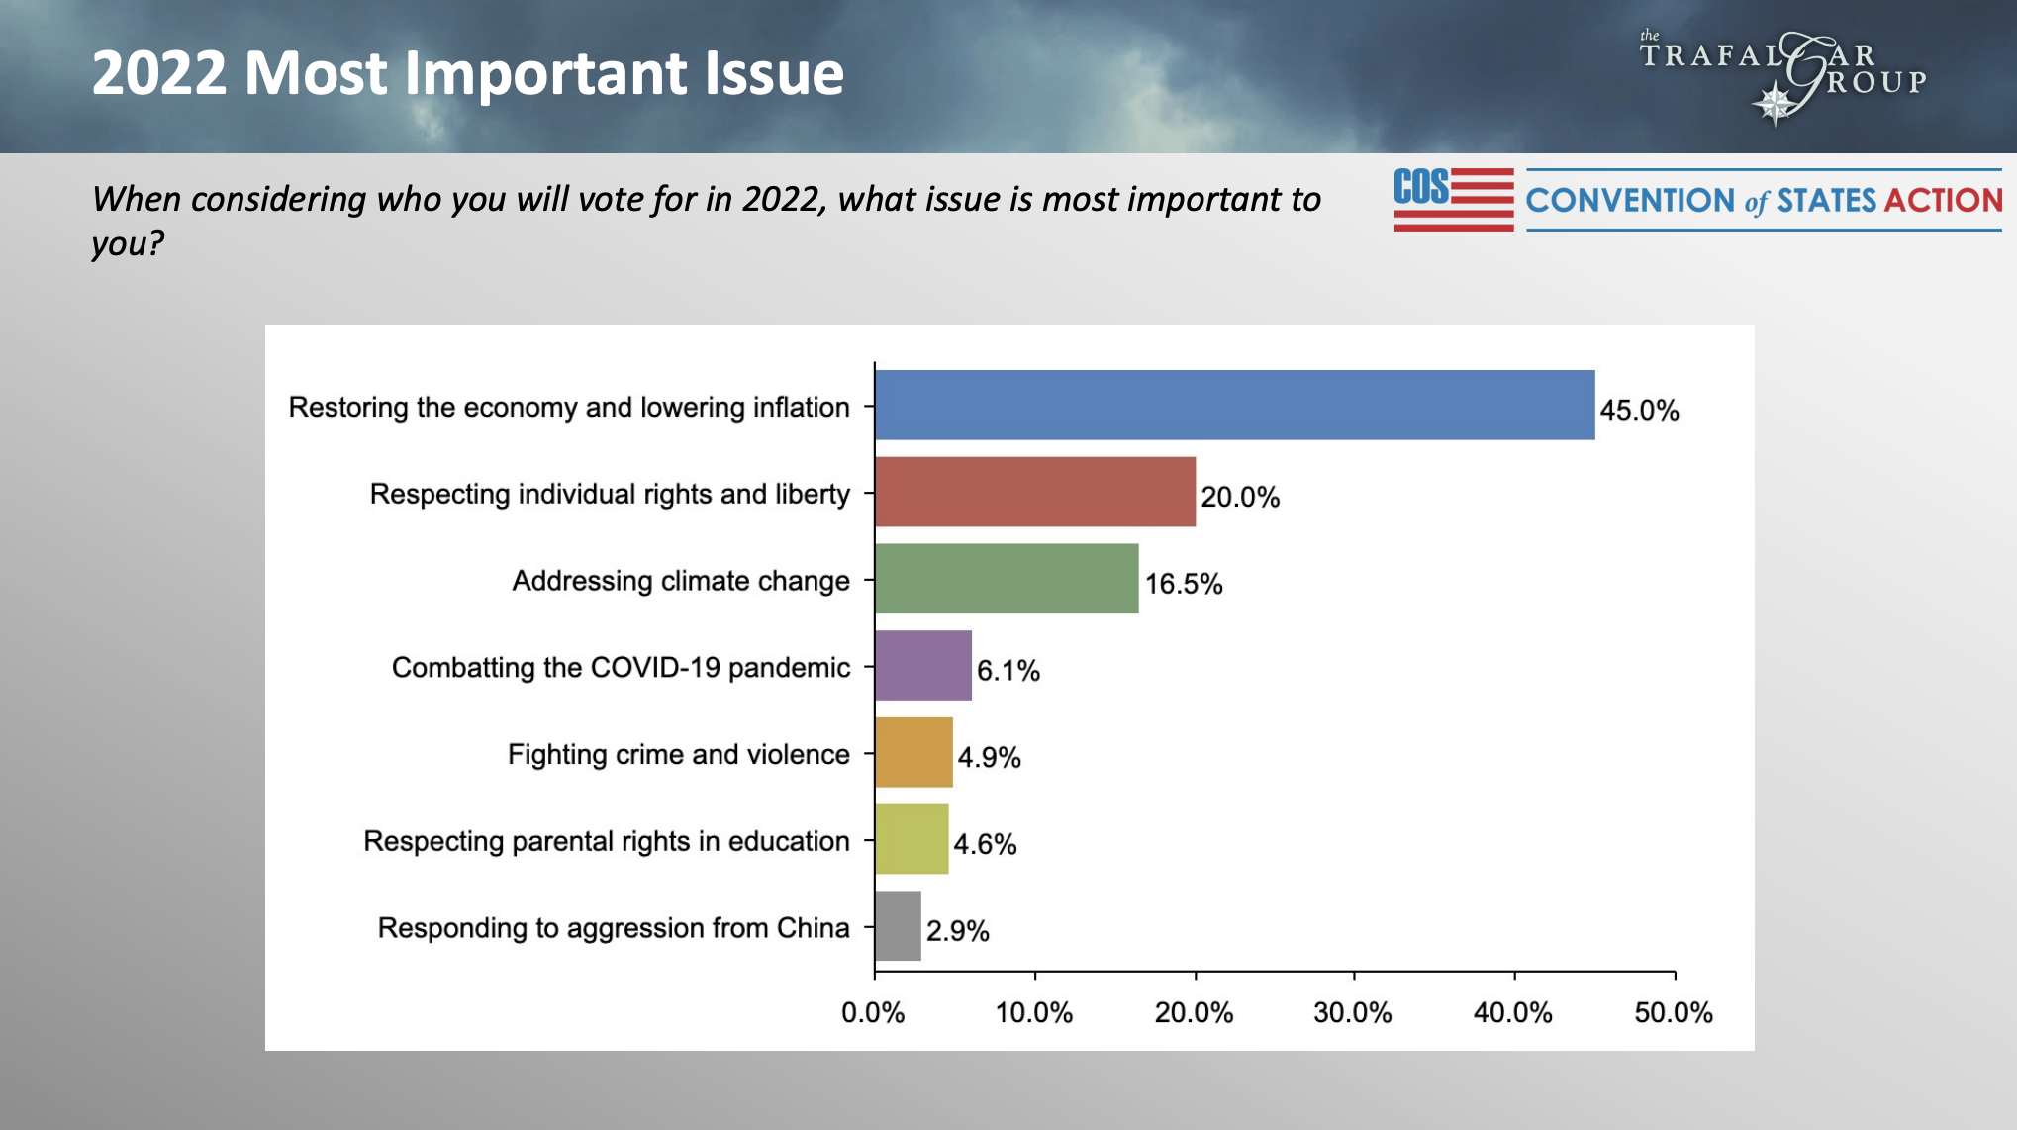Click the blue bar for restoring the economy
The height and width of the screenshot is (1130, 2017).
tap(1234, 405)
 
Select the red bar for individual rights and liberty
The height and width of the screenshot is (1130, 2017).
tap(1034, 492)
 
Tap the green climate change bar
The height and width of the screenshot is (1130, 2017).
tap(1006, 578)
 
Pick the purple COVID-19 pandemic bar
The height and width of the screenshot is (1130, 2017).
tap(922, 665)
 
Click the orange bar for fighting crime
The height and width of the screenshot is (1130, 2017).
tap(912, 752)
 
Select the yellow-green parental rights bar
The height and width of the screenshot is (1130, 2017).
tap(911, 839)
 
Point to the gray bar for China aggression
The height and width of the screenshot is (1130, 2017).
tap(898, 925)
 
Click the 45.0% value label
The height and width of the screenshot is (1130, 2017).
tap(1639, 410)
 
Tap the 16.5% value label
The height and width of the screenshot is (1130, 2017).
tap(1184, 584)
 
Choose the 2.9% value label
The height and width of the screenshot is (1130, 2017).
tap(957, 931)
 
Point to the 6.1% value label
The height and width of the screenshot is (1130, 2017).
tap(1008, 671)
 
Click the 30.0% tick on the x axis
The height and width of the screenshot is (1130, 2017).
tap(1352, 1012)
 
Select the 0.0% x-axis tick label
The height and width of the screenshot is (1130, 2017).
tap(873, 1012)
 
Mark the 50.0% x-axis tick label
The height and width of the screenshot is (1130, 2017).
tap(1673, 1012)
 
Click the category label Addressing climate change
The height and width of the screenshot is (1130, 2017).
tap(680, 581)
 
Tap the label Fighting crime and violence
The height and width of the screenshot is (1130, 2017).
tap(678, 754)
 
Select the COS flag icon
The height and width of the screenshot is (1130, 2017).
tap(1453, 199)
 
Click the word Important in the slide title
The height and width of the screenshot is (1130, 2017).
tap(545, 74)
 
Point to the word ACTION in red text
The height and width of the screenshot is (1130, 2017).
tap(1943, 201)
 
